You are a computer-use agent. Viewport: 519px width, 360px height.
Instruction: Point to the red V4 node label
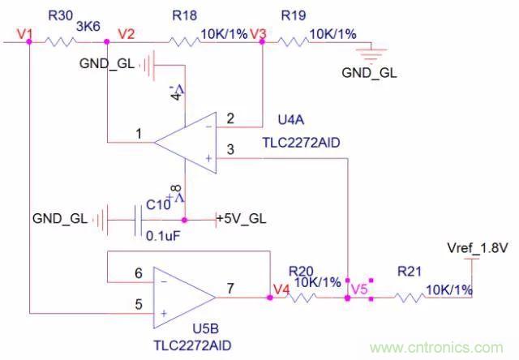click(281, 288)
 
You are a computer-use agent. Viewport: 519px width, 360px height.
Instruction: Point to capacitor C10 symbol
click(137, 219)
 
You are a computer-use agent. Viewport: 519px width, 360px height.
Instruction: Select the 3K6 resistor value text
click(87, 27)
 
